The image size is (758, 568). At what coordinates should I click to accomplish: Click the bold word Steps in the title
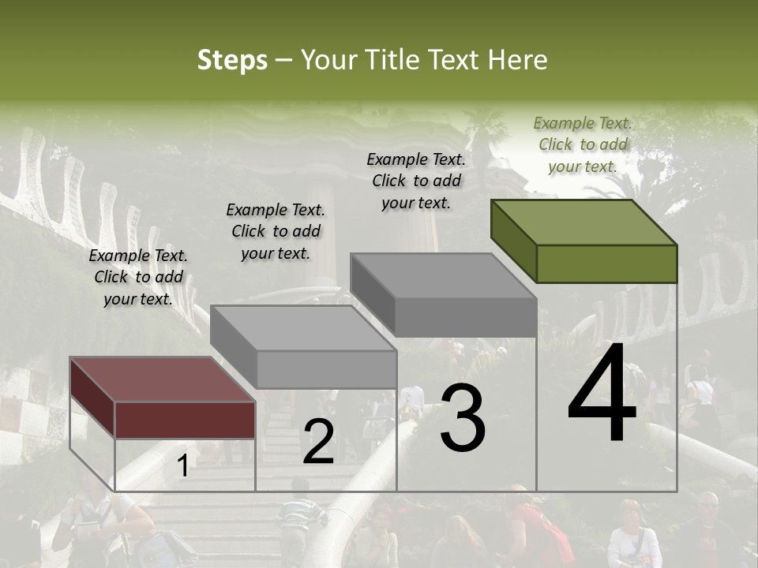click(x=232, y=60)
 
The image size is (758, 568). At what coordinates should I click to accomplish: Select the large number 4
click(x=602, y=394)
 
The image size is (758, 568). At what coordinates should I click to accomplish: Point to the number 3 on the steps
click(x=463, y=420)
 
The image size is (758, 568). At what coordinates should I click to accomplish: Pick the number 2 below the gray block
click(x=318, y=442)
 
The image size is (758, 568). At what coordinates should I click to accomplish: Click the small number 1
click(x=182, y=466)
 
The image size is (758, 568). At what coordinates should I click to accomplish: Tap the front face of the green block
click(x=606, y=263)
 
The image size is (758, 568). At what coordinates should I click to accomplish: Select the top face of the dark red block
click(x=162, y=379)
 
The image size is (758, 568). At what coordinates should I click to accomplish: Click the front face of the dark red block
click(x=185, y=419)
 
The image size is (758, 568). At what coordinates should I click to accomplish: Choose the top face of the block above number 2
click(x=302, y=327)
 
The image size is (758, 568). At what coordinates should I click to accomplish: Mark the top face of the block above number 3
click(x=442, y=276)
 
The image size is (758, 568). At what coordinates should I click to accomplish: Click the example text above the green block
click(x=583, y=144)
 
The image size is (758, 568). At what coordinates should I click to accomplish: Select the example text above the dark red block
click(x=138, y=277)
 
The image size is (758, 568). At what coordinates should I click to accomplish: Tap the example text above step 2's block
click(x=276, y=231)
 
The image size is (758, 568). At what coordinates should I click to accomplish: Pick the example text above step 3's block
click(x=416, y=181)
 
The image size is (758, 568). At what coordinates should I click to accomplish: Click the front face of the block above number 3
click(x=465, y=317)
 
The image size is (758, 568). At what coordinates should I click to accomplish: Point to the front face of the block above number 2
click(x=326, y=369)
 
